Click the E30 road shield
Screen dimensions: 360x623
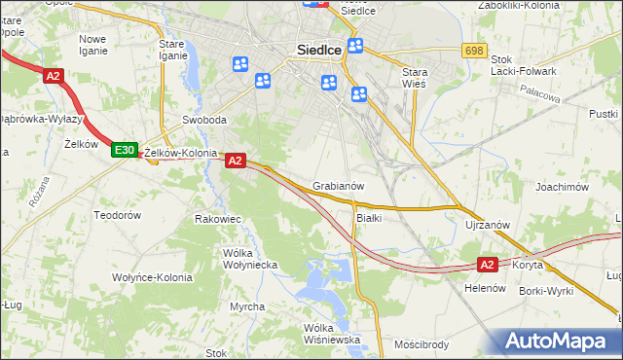point(124,150)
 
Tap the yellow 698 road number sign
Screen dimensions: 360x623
point(474,50)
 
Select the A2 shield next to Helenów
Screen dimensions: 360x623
point(489,264)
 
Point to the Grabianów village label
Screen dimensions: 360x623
point(339,186)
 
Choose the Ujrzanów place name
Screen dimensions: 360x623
point(488,225)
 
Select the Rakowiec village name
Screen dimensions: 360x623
point(217,219)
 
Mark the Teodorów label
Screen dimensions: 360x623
point(118,214)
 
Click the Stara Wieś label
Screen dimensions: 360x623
point(421,77)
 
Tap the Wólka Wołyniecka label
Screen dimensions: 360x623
point(251,258)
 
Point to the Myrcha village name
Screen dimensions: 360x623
point(247,306)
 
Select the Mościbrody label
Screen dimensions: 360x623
point(421,344)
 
